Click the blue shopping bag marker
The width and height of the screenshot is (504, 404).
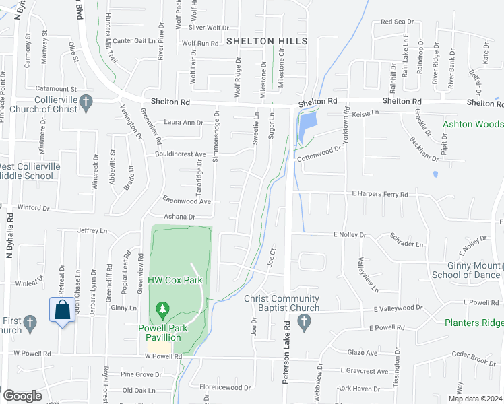click(63, 310)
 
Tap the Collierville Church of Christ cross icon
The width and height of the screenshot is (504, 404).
click(85, 102)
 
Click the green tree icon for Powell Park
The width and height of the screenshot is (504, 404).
click(162, 310)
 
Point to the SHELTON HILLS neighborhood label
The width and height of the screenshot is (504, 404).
click(267, 41)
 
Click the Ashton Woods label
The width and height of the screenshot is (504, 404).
click(473, 125)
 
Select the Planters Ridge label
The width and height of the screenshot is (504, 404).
click(473, 323)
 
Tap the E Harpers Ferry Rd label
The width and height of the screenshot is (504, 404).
click(380, 194)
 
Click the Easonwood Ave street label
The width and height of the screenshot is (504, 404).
click(187, 201)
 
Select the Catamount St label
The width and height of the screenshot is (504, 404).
click(57, 88)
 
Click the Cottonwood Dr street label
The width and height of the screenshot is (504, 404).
click(319, 153)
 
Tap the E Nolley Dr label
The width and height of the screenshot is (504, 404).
click(349, 235)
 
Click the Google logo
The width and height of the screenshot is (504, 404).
click(22, 395)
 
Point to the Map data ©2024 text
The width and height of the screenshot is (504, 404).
click(475, 399)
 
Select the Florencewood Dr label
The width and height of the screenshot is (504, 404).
click(225, 387)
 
